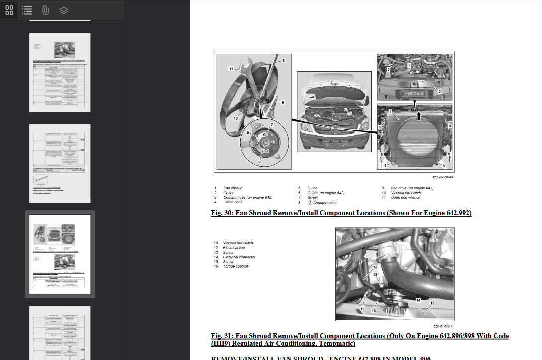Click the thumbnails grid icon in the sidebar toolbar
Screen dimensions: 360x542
pyautogui.click(x=9, y=10)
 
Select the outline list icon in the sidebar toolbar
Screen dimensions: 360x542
pyautogui.click(x=27, y=10)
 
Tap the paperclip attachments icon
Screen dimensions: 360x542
pyautogui.click(x=45, y=10)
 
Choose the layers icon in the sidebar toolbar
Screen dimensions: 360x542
pyautogui.click(x=63, y=10)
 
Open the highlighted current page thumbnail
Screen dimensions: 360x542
pyautogui.click(x=60, y=255)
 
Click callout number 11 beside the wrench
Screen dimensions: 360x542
pyautogui.click(x=231, y=69)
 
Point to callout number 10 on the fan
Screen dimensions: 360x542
pyautogui.click(x=235, y=118)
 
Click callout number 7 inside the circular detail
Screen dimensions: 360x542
pyautogui.click(x=272, y=124)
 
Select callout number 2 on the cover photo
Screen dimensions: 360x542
pyautogui.click(x=439, y=91)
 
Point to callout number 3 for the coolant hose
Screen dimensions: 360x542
pyautogui.click(x=388, y=70)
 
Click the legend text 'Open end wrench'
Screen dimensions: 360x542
pyautogui.click(x=406, y=198)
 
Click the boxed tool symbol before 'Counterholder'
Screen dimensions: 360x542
pyautogui.click(x=310, y=203)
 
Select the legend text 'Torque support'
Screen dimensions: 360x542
pyautogui.click(x=235, y=266)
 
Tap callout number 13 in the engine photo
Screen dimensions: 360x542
pyautogui.click(x=375, y=274)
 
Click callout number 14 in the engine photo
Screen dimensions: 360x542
pyautogui.click(x=419, y=300)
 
